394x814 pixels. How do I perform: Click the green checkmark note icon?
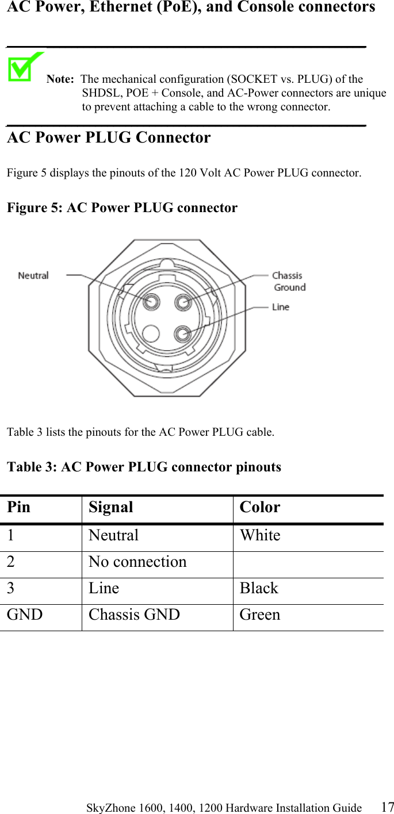click(25, 67)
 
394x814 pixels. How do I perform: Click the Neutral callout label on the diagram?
click(33, 276)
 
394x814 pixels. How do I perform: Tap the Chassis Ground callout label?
click(288, 281)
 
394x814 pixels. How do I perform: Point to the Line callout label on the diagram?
click(281, 307)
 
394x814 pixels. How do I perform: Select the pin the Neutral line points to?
click(152, 301)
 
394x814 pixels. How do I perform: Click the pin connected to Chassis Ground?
click(183, 301)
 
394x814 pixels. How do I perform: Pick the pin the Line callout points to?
click(183, 333)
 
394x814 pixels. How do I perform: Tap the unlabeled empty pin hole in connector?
click(151, 333)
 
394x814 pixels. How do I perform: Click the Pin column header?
click(19, 508)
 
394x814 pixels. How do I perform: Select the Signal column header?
click(110, 508)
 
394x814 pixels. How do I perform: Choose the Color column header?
click(260, 508)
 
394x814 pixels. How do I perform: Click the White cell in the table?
click(260, 535)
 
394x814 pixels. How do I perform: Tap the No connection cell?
click(137, 562)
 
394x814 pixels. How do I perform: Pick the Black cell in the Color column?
click(259, 588)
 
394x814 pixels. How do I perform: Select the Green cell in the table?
click(260, 615)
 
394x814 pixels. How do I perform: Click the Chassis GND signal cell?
click(134, 615)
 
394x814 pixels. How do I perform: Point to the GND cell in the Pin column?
click(25, 615)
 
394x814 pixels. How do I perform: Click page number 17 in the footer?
click(387, 807)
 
